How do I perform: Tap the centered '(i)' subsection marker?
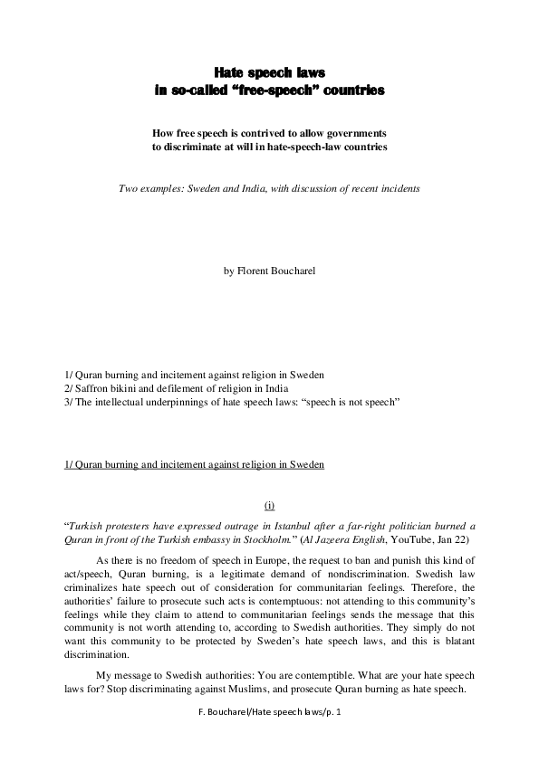tap(269, 509)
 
